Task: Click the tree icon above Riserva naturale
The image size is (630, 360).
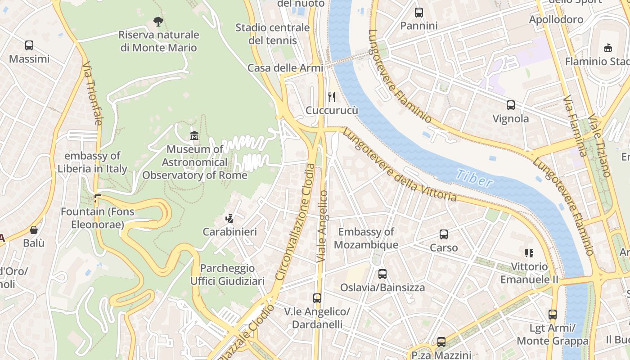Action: pos(158,21)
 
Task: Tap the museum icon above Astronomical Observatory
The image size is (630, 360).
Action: pos(194,135)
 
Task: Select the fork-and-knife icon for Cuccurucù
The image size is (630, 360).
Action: pos(332,97)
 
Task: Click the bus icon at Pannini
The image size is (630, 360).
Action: pos(419,13)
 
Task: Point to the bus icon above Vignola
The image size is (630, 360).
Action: pos(511,105)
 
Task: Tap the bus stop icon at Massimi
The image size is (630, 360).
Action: pos(29,45)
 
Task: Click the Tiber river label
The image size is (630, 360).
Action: pos(474,178)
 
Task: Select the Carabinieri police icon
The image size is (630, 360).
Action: pos(229,219)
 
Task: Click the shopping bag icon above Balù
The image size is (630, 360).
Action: pos(34,230)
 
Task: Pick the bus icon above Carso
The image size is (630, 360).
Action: pos(444,234)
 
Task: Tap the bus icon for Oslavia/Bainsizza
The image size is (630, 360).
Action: pos(382,274)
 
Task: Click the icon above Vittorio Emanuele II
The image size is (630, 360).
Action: pos(529,253)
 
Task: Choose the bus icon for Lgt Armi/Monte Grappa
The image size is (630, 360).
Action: pos(553,315)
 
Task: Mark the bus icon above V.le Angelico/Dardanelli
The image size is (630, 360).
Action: pos(317,298)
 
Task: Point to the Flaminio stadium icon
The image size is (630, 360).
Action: pos(608,48)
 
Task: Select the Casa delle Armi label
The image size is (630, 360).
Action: pos(285,68)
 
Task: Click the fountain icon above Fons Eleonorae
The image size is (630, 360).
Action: pos(98,198)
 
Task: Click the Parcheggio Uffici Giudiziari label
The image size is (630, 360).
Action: pos(227,274)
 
